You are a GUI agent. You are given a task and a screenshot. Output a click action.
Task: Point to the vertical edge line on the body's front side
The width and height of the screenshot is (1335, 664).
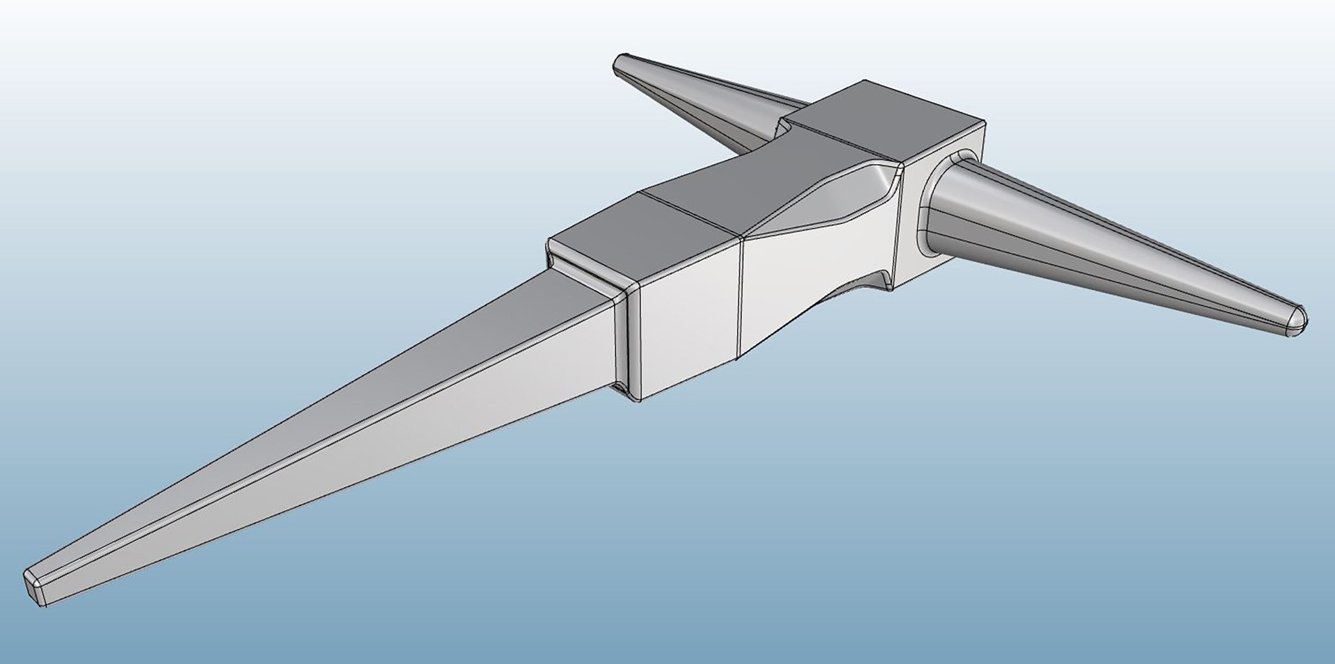pyautogui.click(x=741, y=299)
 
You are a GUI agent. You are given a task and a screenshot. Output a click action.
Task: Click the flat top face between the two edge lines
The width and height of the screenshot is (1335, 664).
pyautogui.click(x=695, y=202)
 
